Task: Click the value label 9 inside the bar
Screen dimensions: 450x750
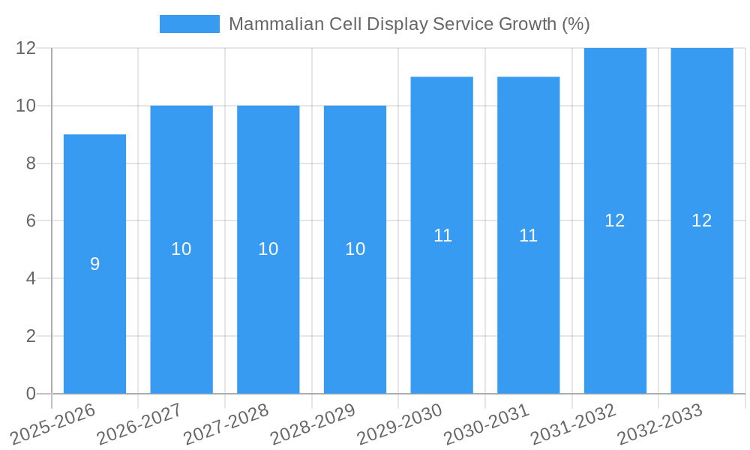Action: pyautogui.click(x=94, y=264)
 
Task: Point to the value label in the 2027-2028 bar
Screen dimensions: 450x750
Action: pyautogui.click(x=268, y=250)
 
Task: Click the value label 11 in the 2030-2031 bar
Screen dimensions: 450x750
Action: pyautogui.click(x=529, y=235)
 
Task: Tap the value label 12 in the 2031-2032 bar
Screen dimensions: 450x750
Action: pyautogui.click(x=615, y=220)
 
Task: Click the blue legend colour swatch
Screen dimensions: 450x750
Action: pyautogui.click(x=190, y=24)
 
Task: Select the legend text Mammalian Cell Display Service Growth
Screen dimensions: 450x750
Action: pyautogui.click(x=409, y=24)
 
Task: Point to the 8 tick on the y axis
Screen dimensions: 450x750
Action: pyautogui.click(x=31, y=163)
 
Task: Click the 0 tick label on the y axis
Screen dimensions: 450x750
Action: pyautogui.click(x=31, y=394)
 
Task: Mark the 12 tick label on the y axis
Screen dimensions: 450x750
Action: pyautogui.click(x=26, y=48)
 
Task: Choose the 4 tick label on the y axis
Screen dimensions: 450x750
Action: pyautogui.click(x=31, y=278)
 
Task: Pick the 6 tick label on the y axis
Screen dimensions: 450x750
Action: pyautogui.click(x=31, y=221)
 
